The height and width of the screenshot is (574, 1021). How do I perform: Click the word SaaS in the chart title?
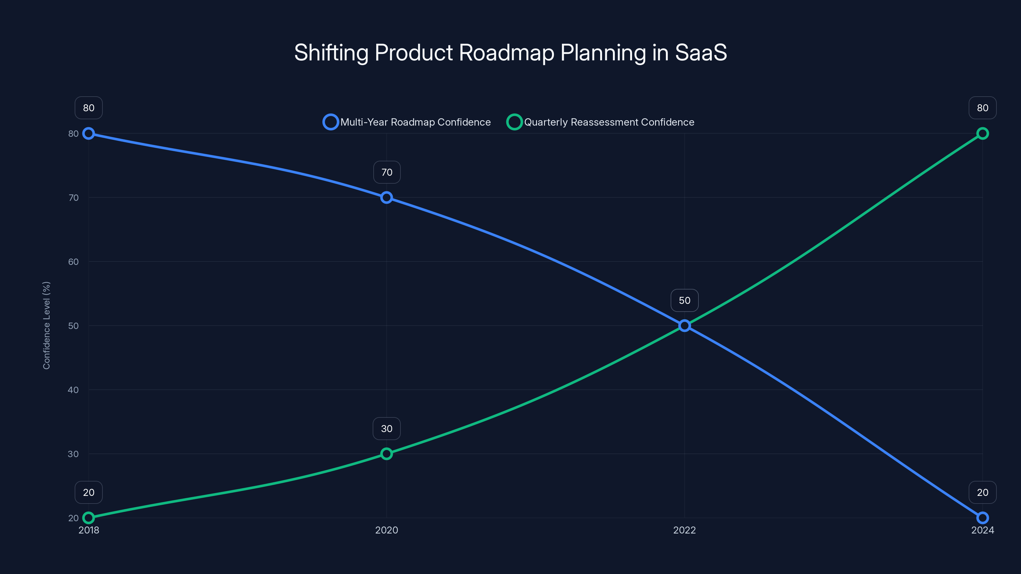click(x=700, y=53)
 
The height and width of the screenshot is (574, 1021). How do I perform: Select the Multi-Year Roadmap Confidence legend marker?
click(x=331, y=122)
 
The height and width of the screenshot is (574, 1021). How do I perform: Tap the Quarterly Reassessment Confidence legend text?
click(x=609, y=122)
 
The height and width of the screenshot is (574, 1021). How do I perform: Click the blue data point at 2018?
click(x=88, y=134)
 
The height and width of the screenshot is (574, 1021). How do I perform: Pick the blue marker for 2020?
click(x=386, y=197)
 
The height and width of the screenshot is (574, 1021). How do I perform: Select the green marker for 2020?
click(x=386, y=453)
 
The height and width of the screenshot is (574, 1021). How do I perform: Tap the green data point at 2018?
click(x=88, y=518)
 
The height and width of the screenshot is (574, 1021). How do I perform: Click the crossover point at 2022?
click(x=684, y=326)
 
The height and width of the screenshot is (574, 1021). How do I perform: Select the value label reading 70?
click(x=387, y=172)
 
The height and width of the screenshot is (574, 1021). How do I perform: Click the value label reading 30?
click(x=386, y=429)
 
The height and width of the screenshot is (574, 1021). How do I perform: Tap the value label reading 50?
click(x=684, y=300)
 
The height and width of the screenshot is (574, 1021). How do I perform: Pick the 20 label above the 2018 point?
click(x=88, y=492)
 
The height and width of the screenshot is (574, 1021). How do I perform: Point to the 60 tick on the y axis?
click(x=73, y=262)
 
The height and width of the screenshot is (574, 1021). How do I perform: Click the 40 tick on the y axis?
click(x=73, y=390)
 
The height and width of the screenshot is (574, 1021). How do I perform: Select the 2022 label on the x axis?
click(x=684, y=530)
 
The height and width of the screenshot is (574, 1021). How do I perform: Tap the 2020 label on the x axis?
click(x=386, y=530)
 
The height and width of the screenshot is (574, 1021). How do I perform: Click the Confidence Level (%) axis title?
click(x=46, y=326)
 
